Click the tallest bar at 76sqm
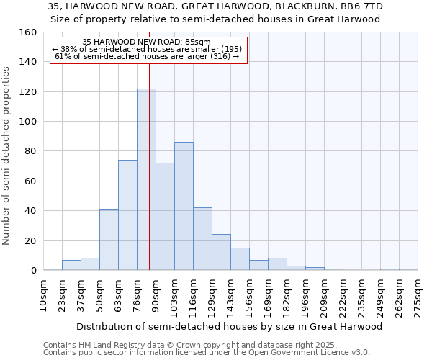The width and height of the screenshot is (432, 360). click(x=146, y=180)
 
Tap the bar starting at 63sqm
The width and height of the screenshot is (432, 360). click(x=127, y=215)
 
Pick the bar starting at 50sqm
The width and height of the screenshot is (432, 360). click(x=109, y=240)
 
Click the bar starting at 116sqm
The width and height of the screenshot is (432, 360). click(x=202, y=239)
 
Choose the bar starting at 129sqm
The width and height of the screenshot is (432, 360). click(x=221, y=253)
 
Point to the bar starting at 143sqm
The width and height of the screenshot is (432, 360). click(x=240, y=259)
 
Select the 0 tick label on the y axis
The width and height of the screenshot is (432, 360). click(x=33, y=271)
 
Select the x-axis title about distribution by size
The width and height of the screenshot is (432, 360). click(x=230, y=326)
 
